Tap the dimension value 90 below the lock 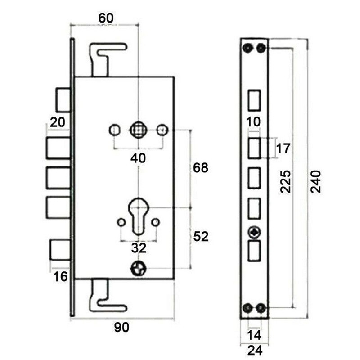tap(121, 328)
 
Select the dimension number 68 tap(200, 168)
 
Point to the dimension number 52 tap(200, 237)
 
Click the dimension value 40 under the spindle tap(138, 158)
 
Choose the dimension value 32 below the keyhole tap(138, 248)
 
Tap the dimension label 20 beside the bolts tap(58, 122)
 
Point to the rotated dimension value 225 tap(284, 181)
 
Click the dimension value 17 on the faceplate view tap(284, 148)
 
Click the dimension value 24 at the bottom tap(254, 350)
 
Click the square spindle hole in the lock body tap(138, 130)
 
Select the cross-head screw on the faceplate tap(255, 233)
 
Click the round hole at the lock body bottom tap(138, 269)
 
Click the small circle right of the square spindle tap(162, 130)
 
